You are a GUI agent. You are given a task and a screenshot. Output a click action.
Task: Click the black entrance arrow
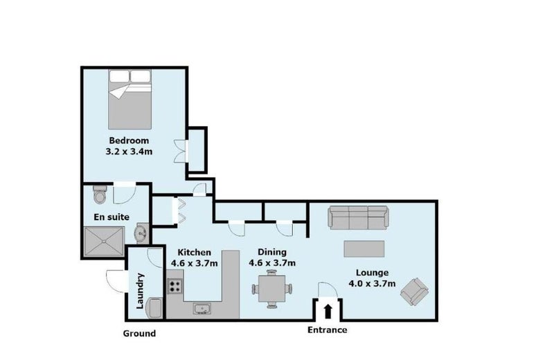pos(328,312)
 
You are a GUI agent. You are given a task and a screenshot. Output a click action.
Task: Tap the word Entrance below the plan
pos(327,330)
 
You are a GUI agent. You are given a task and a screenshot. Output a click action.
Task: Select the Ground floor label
pos(139,334)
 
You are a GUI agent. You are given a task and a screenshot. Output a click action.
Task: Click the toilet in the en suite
pos(100,194)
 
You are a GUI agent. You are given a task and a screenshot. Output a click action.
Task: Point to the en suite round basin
pos(143,233)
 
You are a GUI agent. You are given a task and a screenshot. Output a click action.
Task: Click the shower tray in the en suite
pos(105,242)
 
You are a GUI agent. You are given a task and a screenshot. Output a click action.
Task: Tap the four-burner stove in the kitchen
pos(175,286)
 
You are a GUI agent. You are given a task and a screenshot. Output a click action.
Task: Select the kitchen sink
pos(202,309)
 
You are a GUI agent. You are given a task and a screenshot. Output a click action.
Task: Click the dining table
pos(271,289)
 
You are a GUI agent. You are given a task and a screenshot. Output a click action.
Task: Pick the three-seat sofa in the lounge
pos(358,217)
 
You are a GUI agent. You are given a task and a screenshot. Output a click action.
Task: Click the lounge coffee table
pos(364,249)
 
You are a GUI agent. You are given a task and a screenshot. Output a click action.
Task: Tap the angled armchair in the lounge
pos(414,291)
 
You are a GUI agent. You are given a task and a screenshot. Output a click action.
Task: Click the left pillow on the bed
pos(119,76)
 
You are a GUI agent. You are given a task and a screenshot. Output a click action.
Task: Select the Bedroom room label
pos(129,141)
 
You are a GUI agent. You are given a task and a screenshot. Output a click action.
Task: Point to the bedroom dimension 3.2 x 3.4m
pos(129,152)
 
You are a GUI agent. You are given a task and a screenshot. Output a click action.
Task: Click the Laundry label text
pos(141,291)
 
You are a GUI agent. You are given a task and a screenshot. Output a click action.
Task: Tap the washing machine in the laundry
pos(154,308)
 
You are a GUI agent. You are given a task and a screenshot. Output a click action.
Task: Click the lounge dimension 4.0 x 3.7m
pos(372,284)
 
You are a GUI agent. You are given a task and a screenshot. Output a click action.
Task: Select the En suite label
pos(111,217)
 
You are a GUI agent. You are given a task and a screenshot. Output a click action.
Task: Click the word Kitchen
pos(194,253)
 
